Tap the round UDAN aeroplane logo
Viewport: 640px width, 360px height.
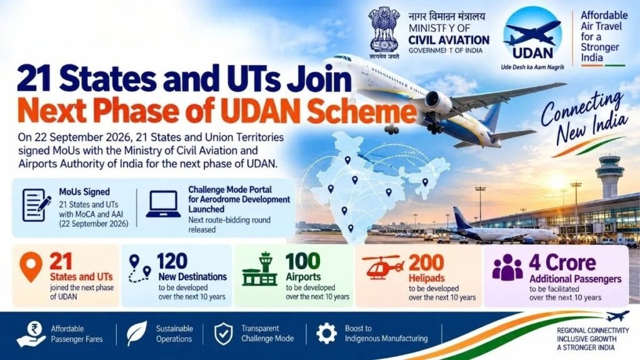click(532, 34)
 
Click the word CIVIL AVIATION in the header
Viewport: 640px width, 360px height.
click(449, 40)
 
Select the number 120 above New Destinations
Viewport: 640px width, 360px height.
click(172, 262)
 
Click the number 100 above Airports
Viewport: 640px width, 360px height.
click(302, 261)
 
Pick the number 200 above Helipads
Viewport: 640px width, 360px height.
click(426, 262)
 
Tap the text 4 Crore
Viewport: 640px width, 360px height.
click(562, 263)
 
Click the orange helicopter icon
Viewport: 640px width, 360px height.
click(381, 266)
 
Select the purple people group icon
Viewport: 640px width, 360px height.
click(507, 267)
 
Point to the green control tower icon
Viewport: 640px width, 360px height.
click(259, 269)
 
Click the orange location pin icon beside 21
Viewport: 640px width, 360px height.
click(31, 266)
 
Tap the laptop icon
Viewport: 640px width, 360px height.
click(163, 204)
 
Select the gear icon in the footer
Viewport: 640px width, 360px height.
click(326, 334)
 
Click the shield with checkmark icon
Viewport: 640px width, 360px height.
click(224, 334)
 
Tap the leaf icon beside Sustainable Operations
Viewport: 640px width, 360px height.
click(136, 334)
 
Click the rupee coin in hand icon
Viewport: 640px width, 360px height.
click(31, 334)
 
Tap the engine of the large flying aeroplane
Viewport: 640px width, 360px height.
click(438, 102)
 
